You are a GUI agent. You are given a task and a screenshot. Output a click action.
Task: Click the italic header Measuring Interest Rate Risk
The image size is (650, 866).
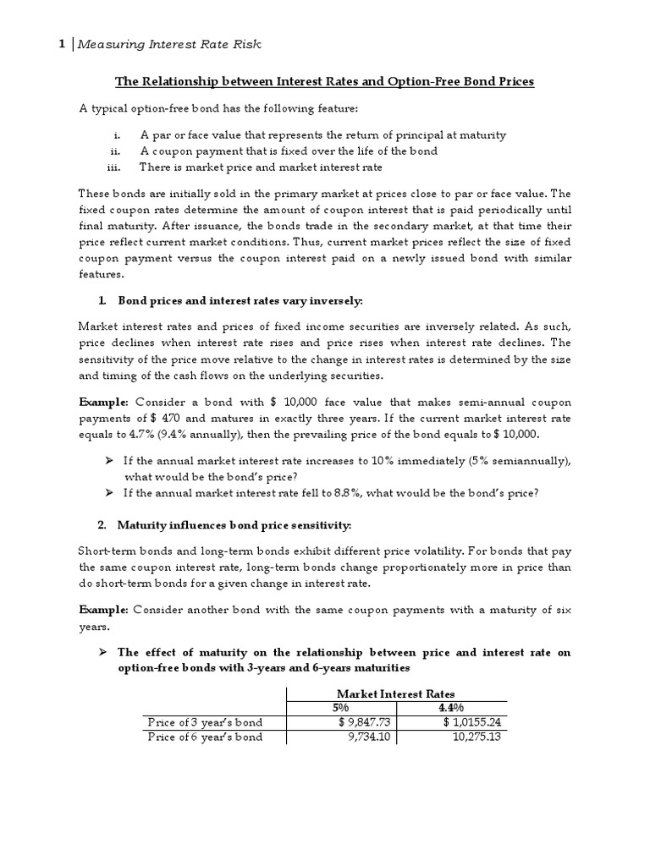click(x=175, y=46)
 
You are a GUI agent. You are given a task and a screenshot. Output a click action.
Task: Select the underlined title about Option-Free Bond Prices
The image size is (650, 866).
click(x=324, y=82)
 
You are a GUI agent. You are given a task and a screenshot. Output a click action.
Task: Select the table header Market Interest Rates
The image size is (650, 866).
click(x=396, y=693)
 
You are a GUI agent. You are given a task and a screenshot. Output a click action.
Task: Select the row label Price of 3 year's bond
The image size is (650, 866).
click(x=205, y=722)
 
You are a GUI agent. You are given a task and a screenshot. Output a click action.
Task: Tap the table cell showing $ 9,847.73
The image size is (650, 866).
click(x=366, y=722)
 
